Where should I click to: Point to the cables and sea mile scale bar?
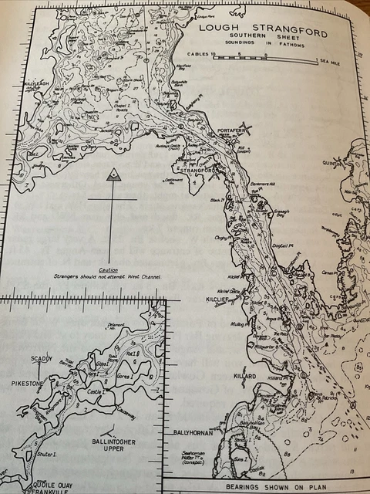tap(271, 59)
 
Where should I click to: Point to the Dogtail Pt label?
tap(284, 245)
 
